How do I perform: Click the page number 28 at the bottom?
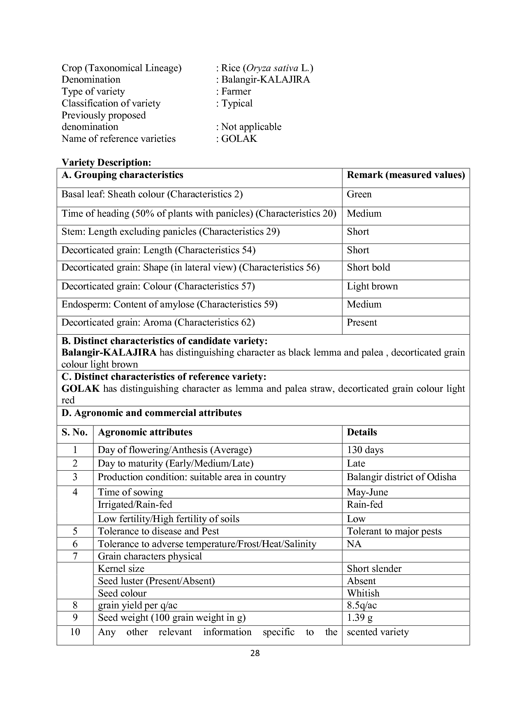coord(255,653)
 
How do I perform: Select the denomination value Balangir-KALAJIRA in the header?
coord(265,80)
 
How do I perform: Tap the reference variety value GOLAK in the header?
coord(239,139)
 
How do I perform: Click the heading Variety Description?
coord(106,162)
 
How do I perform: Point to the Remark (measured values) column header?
coord(406,175)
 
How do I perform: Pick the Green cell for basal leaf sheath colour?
coord(359,194)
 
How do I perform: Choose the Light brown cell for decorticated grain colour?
coord(372,287)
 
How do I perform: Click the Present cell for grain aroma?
coord(362,323)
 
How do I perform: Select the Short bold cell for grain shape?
coord(368,268)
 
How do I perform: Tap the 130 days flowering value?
coord(365,450)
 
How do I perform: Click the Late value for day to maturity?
coord(356,464)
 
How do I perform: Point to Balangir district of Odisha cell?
coord(401,477)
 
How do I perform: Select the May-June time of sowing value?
coord(367,492)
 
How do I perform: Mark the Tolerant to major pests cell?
coord(394,532)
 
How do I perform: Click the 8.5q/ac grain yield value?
coord(362,605)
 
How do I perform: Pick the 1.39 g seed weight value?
coord(359,618)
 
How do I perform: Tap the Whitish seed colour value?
coord(363,593)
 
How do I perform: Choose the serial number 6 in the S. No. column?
coord(75,544)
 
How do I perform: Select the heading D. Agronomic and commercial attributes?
coord(151,413)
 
